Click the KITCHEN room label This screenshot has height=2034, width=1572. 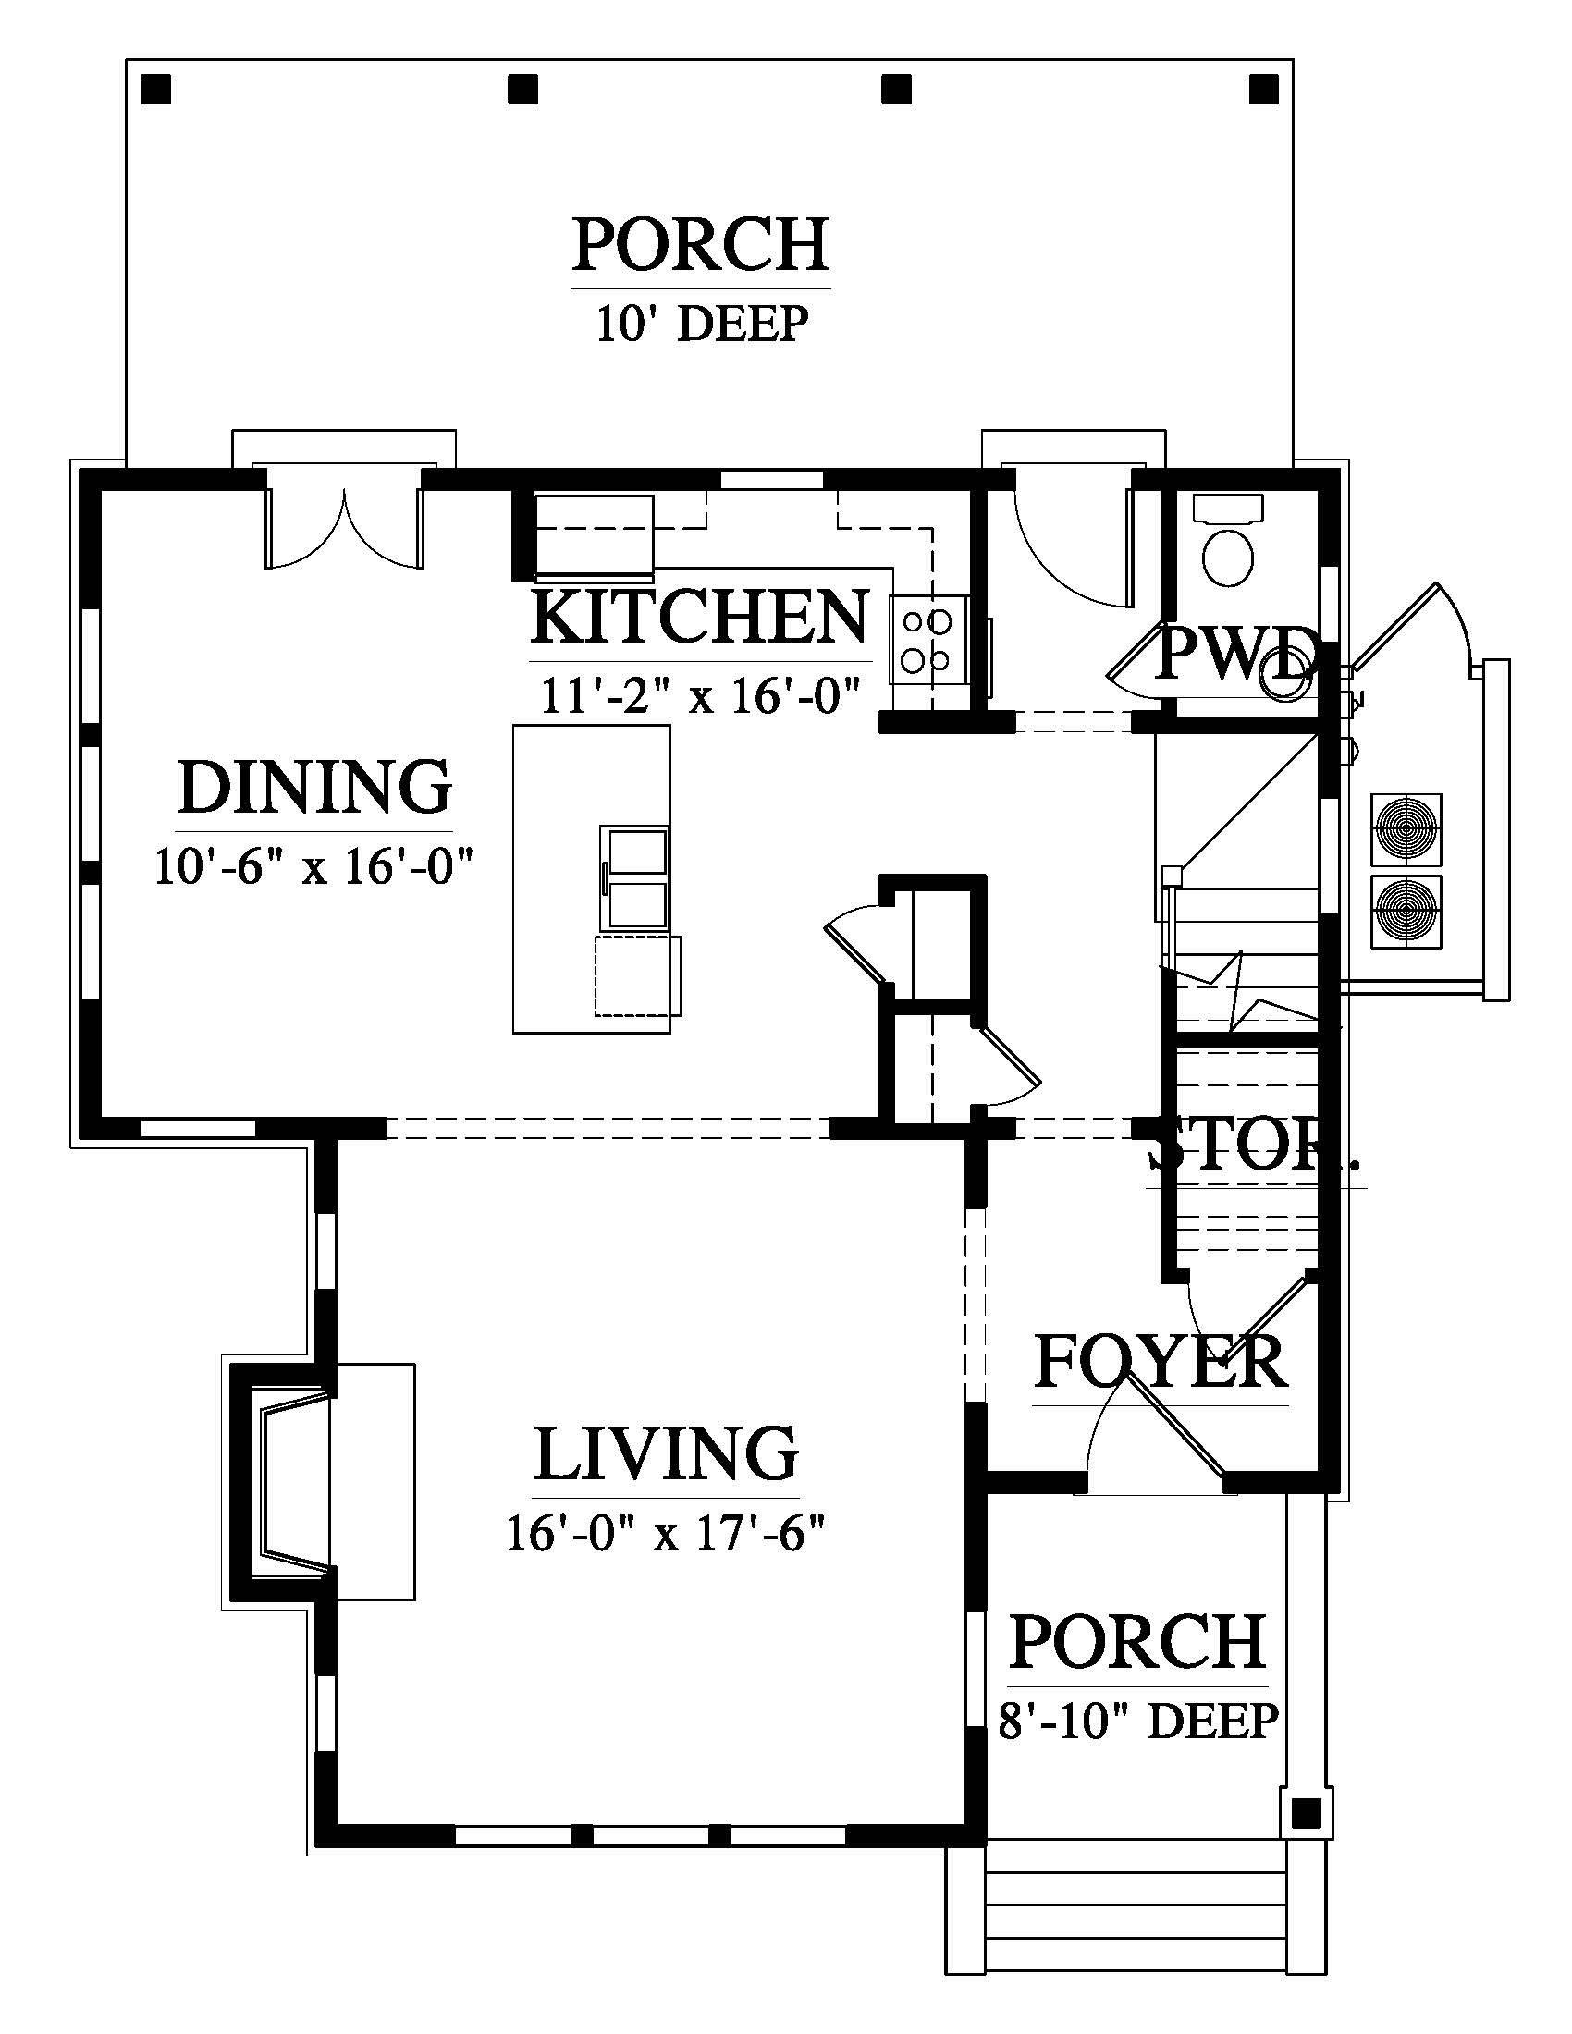pyautogui.click(x=699, y=616)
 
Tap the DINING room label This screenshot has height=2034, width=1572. pyautogui.click(x=314, y=787)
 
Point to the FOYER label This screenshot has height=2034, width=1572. pyautogui.click(x=1161, y=1362)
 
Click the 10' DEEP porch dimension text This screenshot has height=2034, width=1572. pyautogui.click(x=701, y=325)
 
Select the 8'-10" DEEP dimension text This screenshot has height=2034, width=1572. pyautogui.click(x=1138, y=1722)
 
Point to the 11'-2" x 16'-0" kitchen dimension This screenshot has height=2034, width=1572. pyautogui.click(x=699, y=694)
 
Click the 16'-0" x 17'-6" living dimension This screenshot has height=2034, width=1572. pyautogui.click(x=667, y=1532)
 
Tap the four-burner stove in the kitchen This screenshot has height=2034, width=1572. pyautogui.click(x=926, y=640)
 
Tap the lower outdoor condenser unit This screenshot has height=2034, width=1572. pyautogui.click(x=1406, y=911)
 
